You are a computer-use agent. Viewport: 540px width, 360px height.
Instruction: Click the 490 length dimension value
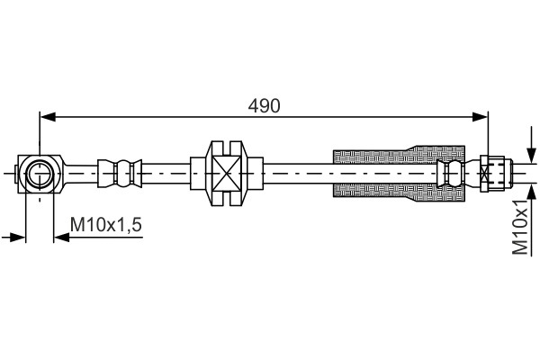coord(265,105)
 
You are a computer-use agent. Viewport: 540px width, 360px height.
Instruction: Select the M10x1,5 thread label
coord(106,224)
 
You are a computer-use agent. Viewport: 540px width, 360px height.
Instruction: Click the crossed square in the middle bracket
coord(225,171)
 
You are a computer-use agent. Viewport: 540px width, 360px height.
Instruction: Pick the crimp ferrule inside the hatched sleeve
coord(450,171)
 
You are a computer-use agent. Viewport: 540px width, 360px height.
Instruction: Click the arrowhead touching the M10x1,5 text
coord(61,237)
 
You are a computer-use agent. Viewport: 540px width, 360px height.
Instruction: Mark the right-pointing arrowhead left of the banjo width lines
coord(17,237)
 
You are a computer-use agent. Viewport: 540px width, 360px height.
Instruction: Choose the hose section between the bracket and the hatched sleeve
coord(297,171)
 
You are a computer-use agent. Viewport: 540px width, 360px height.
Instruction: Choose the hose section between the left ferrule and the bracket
coord(166,171)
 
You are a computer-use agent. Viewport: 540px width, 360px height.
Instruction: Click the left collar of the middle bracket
coord(198,171)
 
